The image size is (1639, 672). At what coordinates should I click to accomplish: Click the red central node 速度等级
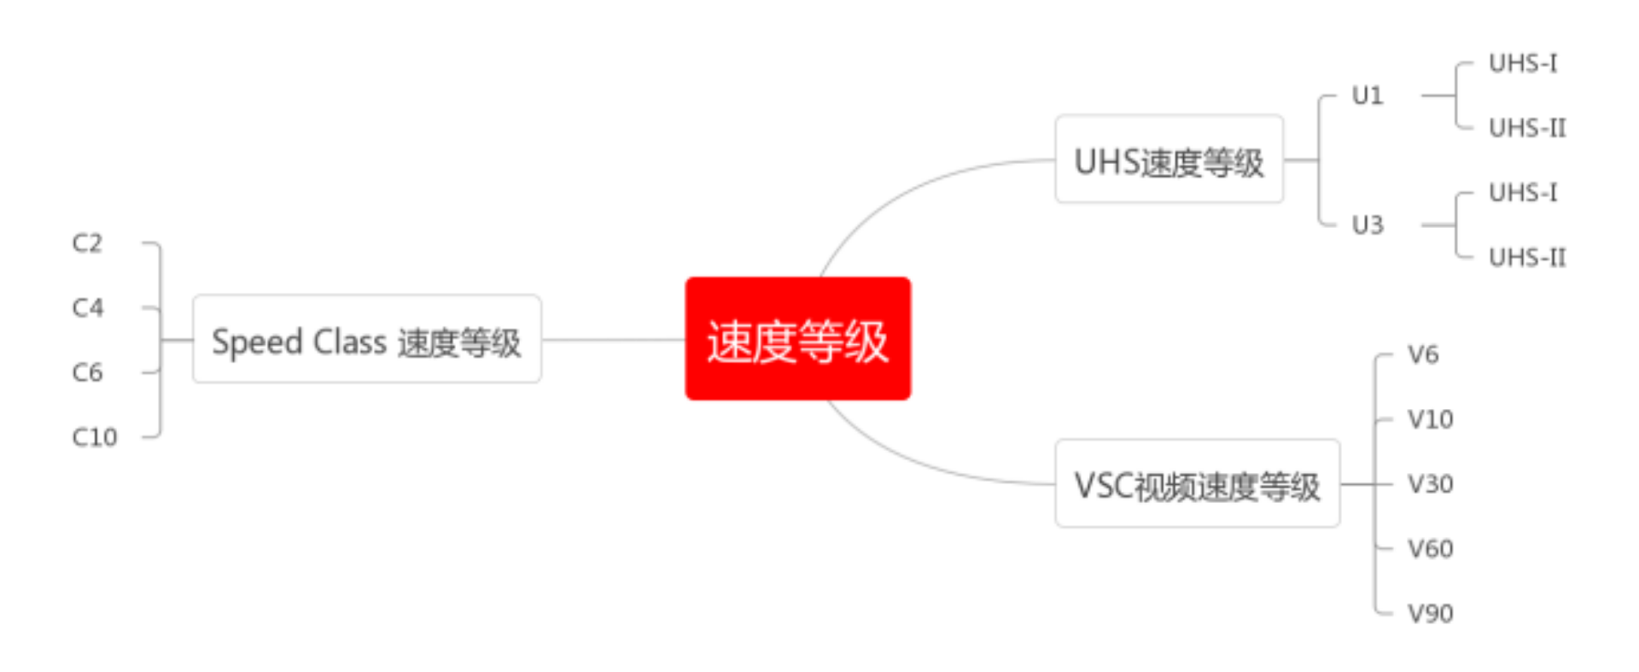[797, 339]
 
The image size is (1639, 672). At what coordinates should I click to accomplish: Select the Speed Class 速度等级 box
[366, 340]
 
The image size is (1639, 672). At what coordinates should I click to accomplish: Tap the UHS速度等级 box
[1169, 160]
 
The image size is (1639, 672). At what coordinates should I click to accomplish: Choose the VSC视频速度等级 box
[1197, 484]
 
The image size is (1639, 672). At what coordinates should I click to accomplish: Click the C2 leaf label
[87, 243]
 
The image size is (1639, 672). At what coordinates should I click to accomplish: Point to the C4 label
[87, 307]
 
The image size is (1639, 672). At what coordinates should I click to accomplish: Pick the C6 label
[87, 372]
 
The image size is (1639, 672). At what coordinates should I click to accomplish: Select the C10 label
[94, 437]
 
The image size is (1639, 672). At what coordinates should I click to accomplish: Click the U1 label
[1367, 96]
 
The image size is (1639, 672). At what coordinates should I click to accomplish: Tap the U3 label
[1367, 225]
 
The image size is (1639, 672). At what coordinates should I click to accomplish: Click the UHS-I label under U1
[1522, 63]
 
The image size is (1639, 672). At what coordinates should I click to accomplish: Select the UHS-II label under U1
[1527, 128]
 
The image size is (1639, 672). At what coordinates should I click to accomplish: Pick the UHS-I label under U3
[1522, 193]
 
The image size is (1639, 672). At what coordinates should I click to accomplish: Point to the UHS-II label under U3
[1527, 258]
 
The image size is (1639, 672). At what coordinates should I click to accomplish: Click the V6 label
[1422, 354]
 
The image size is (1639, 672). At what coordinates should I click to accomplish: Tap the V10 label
[1430, 419]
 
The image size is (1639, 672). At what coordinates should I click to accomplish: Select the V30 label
[1430, 484]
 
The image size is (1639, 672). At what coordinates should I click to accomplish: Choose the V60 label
[1430, 548]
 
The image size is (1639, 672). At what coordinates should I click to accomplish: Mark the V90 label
[1430, 613]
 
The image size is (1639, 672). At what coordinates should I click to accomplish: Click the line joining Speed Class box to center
[613, 340]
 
